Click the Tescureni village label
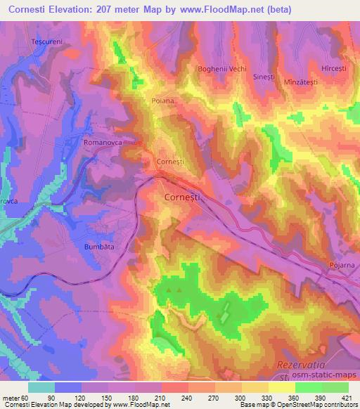tap(47, 42)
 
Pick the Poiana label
tap(162, 101)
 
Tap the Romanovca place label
tap(103, 141)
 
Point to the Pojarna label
tap(341, 265)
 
